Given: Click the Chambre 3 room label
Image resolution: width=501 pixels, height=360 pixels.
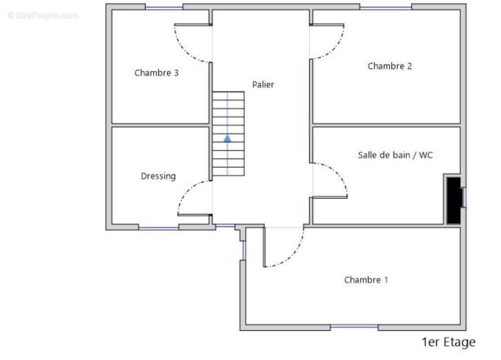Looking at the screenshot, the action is (x=156, y=73).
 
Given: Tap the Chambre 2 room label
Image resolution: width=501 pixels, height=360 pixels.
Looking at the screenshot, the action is (x=390, y=66).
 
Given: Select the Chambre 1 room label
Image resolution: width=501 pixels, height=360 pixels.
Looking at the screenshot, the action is (x=366, y=280).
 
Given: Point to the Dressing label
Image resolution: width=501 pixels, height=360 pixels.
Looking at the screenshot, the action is (x=158, y=176).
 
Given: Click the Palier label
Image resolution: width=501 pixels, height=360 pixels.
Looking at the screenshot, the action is (x=263, y=85).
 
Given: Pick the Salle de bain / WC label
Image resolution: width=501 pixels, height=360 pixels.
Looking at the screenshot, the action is (x=395, y=155).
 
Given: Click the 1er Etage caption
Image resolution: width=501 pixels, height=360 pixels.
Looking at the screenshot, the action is (x=448, y=342).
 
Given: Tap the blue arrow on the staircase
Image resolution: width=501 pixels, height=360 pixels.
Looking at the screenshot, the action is (x=227, y=138).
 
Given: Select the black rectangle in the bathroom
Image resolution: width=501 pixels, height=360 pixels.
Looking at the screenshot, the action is (x=454, y=200).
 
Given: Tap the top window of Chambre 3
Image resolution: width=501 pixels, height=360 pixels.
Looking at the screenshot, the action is (x=164, y=8).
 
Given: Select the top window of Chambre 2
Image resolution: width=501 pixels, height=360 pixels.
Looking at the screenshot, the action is (x=386, y=8).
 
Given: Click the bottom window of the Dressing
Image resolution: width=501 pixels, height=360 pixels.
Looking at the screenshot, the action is (x=158, y=228).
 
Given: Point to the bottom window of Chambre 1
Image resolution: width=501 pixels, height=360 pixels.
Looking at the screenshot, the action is (x=354, y=327).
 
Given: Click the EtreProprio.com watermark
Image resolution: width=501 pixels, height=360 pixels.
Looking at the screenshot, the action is (x=43, y=15).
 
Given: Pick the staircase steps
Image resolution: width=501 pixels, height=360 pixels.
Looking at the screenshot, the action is (x=228, y=134).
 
